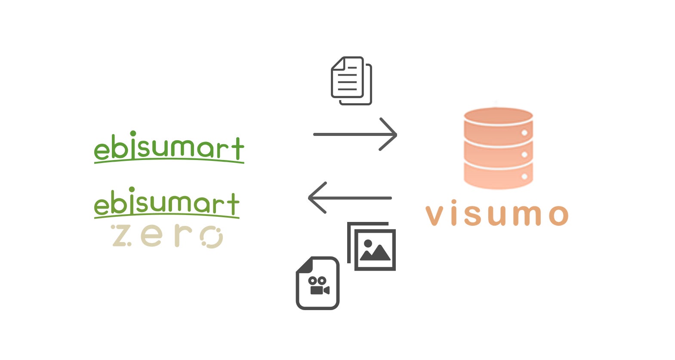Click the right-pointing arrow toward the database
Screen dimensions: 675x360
pos(354,134)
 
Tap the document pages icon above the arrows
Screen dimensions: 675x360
pos(351,81)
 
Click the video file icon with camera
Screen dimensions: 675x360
pos(317,283)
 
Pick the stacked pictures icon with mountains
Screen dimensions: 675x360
pos(372,247)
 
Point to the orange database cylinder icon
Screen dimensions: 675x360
pos(498,148)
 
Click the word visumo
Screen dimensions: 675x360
pos(497,214)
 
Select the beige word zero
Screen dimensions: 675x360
pos(167,236)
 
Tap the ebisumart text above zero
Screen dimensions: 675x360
pos(166,203)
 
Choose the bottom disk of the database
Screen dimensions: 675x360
pos(498,176)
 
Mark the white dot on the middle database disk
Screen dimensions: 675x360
pos(524,154)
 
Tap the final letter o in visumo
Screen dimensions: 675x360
pos(558,215)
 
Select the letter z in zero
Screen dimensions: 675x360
pos(121,236)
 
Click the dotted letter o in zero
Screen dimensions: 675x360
pos(212,237)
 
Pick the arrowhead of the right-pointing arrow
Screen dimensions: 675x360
pos(389,134)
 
